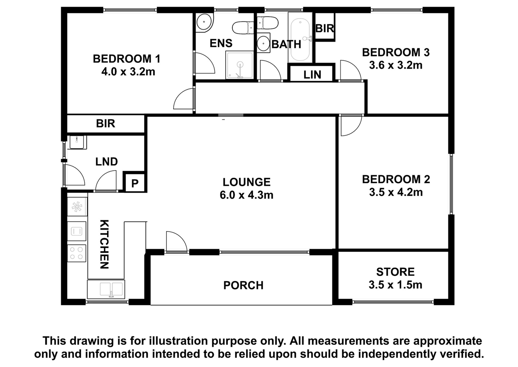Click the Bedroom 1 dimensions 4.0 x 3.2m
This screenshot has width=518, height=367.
coord(128,72)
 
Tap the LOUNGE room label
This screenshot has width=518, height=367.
coord(246,182)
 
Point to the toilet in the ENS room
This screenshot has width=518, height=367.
coord(243,28)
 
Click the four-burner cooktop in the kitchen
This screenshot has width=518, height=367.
coord(76,253)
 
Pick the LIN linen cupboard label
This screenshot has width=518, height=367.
coord(312,75)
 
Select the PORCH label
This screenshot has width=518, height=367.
coord(243,285)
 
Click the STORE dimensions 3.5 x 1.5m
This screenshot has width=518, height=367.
coord(395,285)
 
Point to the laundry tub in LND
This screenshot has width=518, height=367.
coord(78,142)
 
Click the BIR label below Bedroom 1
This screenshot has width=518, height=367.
coord(106,124)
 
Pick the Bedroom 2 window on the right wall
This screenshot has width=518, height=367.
coord(451,184)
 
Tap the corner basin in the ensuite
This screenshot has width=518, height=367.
coord(204,22)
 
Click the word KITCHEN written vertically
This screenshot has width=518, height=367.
coord(104,244)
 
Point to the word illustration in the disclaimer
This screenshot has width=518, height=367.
coord(179,341)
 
